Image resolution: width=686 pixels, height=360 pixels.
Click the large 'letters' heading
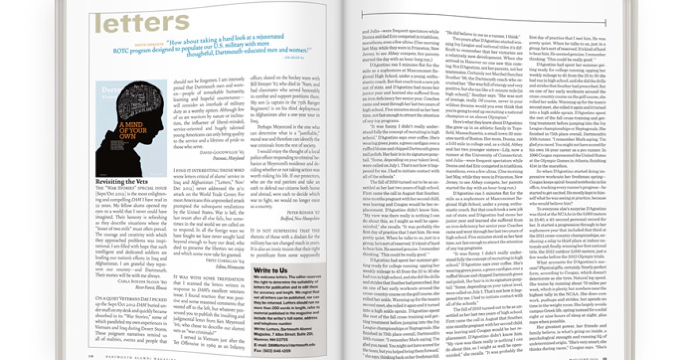click(142, 24)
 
